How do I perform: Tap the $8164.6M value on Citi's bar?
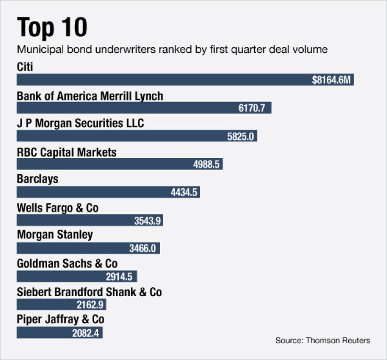331,80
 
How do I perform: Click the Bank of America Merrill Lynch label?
90,96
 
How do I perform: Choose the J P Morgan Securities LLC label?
80,124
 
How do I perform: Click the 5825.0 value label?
241,136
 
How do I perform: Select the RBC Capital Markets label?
67,152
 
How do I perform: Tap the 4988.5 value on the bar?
207,164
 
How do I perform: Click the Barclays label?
38,179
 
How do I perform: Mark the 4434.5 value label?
184,192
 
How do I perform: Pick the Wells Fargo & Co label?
58,208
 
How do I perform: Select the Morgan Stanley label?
55,235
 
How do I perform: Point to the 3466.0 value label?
143,248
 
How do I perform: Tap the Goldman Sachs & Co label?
67,263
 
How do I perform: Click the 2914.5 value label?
120,276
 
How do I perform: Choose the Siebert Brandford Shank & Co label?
89,292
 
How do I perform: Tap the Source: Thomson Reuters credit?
323,341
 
